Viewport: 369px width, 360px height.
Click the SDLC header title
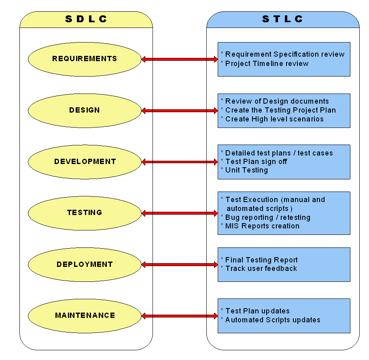pos(86,19)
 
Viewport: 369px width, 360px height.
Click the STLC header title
pos(283,19)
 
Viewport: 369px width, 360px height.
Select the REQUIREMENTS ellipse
pos(85,59)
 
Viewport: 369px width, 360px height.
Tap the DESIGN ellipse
pos(85,110)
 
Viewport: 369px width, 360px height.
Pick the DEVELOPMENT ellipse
pos(85,162)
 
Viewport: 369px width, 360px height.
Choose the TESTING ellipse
pos(85,213)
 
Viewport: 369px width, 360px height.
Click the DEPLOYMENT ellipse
pos(85,264)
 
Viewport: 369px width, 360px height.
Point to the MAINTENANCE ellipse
pos(85,315)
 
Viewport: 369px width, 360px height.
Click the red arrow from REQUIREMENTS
pos(180,60)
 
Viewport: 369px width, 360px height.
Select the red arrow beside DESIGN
pos(180,111)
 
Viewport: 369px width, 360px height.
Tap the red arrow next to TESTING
pos(180,213)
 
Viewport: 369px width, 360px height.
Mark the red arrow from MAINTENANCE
pos(180,316)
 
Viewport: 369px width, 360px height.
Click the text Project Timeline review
pos(267,64)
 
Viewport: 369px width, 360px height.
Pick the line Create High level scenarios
pos(274,119)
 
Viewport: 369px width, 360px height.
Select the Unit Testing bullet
pos(246,170)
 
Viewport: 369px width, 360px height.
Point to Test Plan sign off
pos(256,162)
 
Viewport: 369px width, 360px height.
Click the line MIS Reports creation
pos(262,226)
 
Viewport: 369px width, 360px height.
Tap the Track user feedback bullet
pos(261,268)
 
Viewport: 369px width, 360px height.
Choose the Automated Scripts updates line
pos(273,320)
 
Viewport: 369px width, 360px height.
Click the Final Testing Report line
pos(261,260)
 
